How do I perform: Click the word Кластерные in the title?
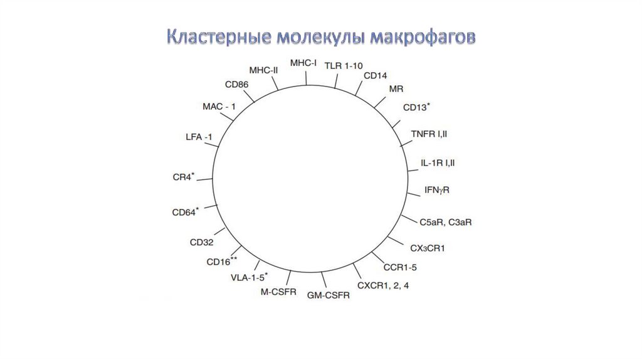219,37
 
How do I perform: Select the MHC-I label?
303,63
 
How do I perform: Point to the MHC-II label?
264,70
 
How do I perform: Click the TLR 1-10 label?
344,66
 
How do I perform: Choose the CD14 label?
375,76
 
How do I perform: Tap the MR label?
396,89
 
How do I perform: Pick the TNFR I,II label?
429,134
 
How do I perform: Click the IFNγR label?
437,191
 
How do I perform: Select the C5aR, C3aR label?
446,223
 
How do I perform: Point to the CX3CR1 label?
428,248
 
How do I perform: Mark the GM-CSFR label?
329,295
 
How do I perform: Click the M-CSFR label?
278,292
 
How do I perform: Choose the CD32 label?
201,243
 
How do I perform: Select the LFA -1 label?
199,137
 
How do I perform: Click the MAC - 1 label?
219,107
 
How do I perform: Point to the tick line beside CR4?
205,179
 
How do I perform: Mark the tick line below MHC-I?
306,78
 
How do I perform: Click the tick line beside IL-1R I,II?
413,169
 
